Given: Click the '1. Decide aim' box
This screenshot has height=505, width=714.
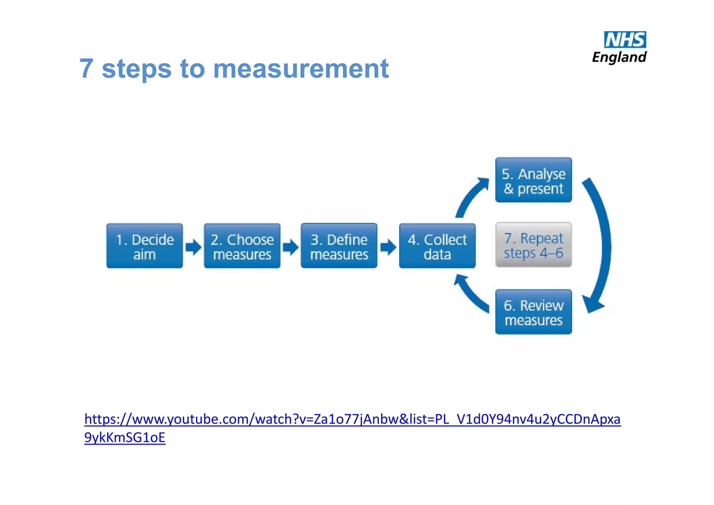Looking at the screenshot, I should point(144,246).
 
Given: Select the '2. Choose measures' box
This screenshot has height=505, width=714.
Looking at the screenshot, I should point(242,246).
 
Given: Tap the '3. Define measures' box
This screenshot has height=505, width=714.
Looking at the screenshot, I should point(339,246).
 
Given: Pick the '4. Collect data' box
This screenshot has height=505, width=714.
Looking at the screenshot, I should point(437,246).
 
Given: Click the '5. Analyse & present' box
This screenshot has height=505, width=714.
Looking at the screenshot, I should point(533,180).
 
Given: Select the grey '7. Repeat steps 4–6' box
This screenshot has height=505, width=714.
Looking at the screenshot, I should point(533,245).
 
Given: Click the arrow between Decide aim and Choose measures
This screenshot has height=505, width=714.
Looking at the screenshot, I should point(193,247).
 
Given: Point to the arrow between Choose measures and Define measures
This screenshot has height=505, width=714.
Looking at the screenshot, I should point(290,247).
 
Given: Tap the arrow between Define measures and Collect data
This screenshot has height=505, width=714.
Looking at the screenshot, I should point(388,247).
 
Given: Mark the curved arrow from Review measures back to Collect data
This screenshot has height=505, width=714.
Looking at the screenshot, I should point(471,293).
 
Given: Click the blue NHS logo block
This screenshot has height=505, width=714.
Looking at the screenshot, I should point(625,40).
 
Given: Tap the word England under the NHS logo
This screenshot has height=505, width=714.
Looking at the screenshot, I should point(620,57).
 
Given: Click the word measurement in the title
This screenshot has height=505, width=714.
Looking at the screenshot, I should point(301,69).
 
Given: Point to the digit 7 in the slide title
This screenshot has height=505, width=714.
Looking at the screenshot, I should point(86,69).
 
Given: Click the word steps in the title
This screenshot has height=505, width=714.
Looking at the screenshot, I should point(136,69).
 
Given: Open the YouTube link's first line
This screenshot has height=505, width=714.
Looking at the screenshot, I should point(352,419).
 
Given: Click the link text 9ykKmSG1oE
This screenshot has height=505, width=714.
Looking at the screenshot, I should point(124,438).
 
